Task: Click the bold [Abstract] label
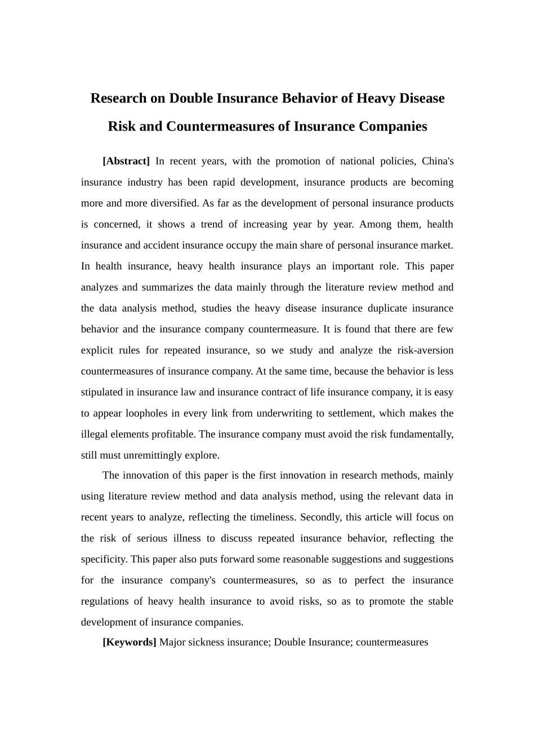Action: pyautogui.click(x=126, y=161)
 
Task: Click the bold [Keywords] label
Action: pyautogui.click(x=129, y=642)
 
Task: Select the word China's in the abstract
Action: pyautogui.click(x=438, y=161)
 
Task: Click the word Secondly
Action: pyautogui.click(x=320, y=517)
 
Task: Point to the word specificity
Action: pyautogui.click(x=104, y=560)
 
